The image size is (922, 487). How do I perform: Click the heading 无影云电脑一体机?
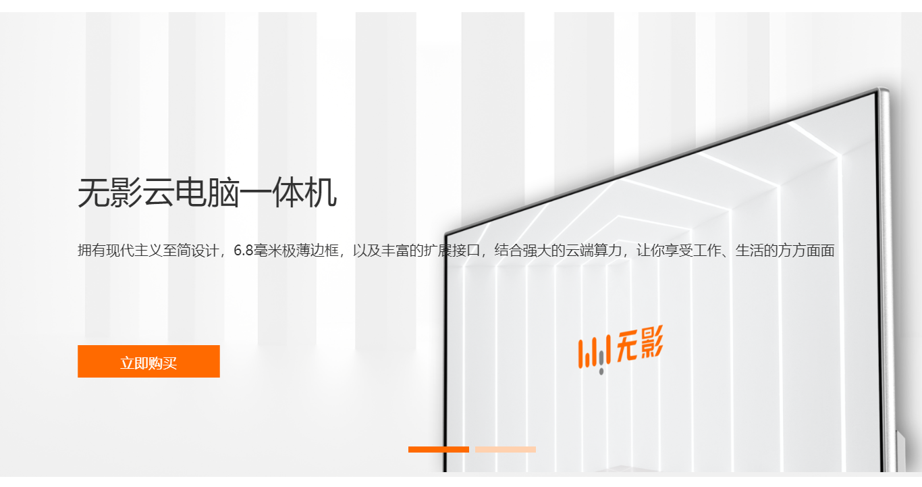click(207, 194)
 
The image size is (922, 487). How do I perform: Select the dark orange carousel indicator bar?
click(438, 449)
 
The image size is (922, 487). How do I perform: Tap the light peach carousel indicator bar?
click(506, 449)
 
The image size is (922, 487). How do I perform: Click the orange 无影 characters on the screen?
click(641, 344)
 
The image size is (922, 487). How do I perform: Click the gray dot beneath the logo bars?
click(601, 371)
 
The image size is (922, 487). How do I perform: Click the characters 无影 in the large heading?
click(109, 194)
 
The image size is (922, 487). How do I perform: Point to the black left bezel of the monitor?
click(445, 351)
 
